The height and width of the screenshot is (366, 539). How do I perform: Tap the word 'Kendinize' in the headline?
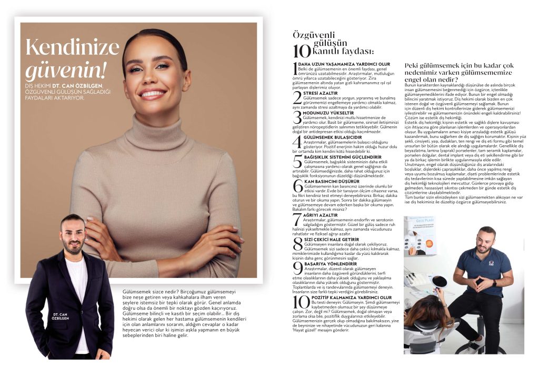point(72,48)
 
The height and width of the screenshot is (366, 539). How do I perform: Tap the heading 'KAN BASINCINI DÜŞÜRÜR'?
point(329,181)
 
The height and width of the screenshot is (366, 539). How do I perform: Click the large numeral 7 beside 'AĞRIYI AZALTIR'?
point(297,219)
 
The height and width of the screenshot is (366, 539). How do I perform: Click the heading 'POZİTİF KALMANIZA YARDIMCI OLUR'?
point(343,297)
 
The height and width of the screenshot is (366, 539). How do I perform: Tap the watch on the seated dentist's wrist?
point(494,283)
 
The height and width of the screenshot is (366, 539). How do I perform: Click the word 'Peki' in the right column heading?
point(412,65)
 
